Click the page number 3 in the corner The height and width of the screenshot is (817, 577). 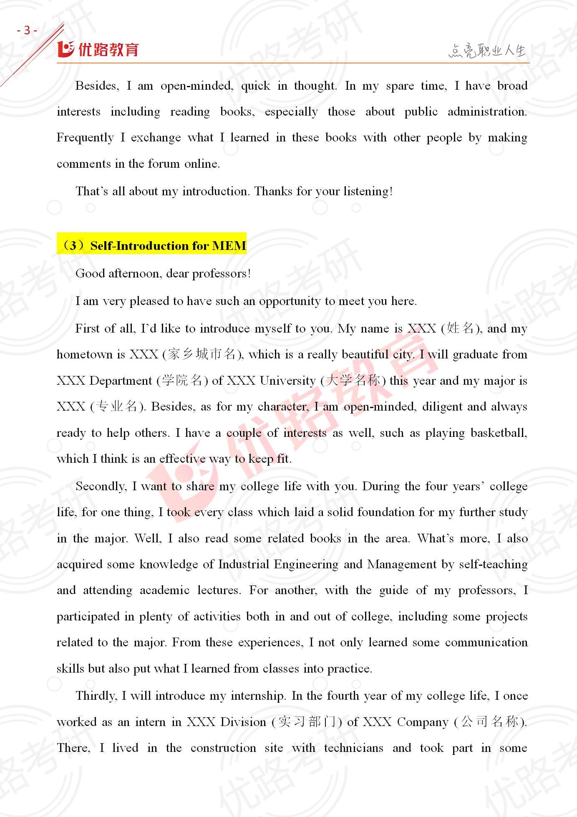click(x=27, y=30)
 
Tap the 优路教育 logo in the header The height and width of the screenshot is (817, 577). click(x=98, y=49)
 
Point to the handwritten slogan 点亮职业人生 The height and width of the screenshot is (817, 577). click(x=487, y=51)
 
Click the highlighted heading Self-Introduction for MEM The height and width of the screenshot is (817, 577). click(x=152, y=245)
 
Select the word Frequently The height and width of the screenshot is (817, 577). click(x=85, y=138)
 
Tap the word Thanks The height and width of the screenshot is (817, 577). click(x=273, y=192)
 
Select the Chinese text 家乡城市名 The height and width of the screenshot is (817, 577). click(x=201, y=355)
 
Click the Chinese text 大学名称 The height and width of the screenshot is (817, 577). click(x=353, y=381)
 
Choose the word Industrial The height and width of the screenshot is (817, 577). click(x=244, y=565)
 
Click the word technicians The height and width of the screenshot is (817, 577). click(x=353, y=748)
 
